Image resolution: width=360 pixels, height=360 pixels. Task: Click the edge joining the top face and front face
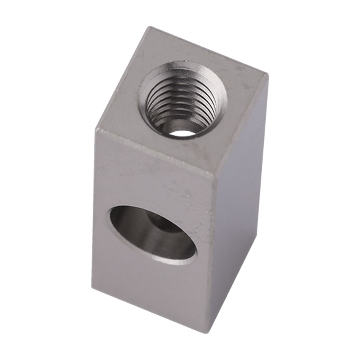pyautogui.click(x=155, y=151)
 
